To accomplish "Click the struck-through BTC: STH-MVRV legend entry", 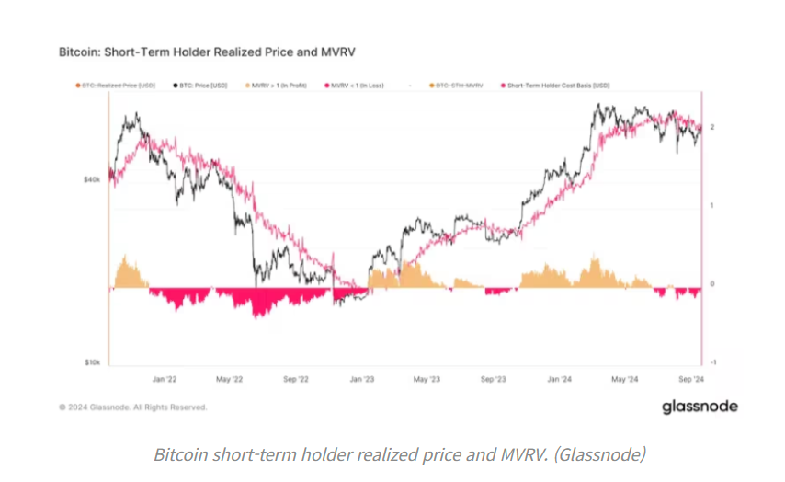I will coord(458,85).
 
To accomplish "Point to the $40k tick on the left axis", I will coord(90,180).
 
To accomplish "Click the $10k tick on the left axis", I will coord(90,363).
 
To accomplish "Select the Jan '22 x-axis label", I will coord(165,378).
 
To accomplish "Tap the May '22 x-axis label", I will coord(230,378).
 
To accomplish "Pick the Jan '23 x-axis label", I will coord(362,378).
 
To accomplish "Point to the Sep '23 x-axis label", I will coord(494,378).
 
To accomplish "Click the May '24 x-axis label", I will coord(625,378).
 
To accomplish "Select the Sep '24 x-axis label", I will coord(690,378).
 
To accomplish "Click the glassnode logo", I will coord(700,407).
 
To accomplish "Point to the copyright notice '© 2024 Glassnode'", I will coord(132,407).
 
